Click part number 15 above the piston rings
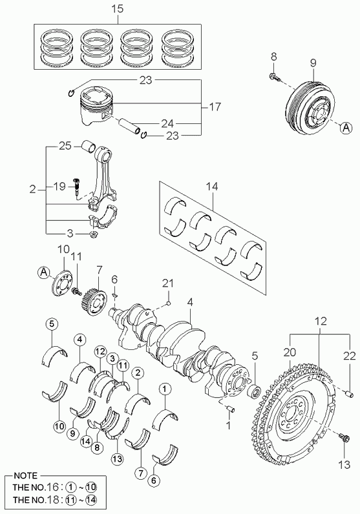point(117,9)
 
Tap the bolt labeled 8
point(275,77)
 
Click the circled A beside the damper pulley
point(345,127)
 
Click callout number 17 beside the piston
point(215,107)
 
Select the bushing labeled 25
point(89,147)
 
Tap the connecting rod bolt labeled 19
point(76,187)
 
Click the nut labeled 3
point(93,234)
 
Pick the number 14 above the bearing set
point(211,187)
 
